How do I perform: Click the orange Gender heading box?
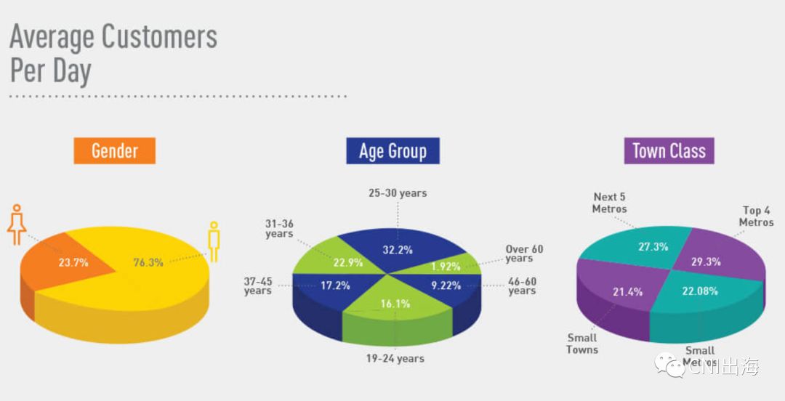(x=114, y=151)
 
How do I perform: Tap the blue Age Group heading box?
(x=392, y=151)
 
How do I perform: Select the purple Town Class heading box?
(x=669, y=151)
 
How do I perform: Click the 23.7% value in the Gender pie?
(x=73, y=262)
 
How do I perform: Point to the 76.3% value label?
(x=148, y=262)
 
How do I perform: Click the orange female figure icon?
(x=17, y=224)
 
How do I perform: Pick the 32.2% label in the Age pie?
(x=398, y=250)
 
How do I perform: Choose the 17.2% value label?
(x=336, y=285)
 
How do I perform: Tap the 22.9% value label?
(x=347, y=262)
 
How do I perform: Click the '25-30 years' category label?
(x=397, y=193)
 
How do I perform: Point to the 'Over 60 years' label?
(x=523, y=254)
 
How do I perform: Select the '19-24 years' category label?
(x=395, y=358)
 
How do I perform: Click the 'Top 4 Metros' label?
(x=756, y=216)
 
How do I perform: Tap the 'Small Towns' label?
(x=582, y=344)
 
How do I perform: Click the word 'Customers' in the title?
(x=159, y=36)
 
